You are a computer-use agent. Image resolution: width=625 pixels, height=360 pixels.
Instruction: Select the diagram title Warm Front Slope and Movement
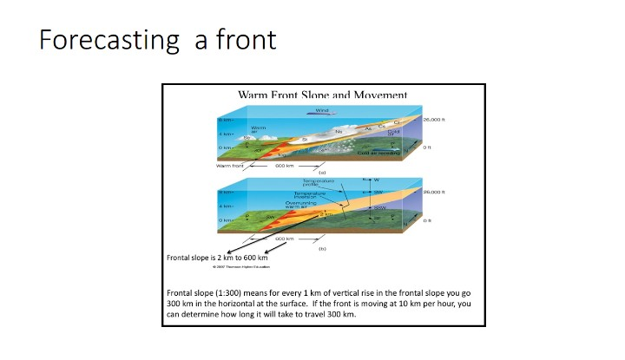click(x=322, y=95)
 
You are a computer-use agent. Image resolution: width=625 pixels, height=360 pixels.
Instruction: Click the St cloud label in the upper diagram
click(x=305, y=140)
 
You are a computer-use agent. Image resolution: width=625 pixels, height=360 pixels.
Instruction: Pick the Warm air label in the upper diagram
click(x=259, y=130)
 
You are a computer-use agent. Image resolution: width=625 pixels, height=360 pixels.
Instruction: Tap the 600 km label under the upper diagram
click(x=286, y=165)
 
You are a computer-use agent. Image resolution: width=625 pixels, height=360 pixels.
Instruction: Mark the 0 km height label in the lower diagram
click(x=225, y=220)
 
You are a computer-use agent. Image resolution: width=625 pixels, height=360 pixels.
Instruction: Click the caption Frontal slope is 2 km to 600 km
click(x=216, y=258)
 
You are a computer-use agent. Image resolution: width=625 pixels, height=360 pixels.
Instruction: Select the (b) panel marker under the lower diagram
click(x=322, y=249)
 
